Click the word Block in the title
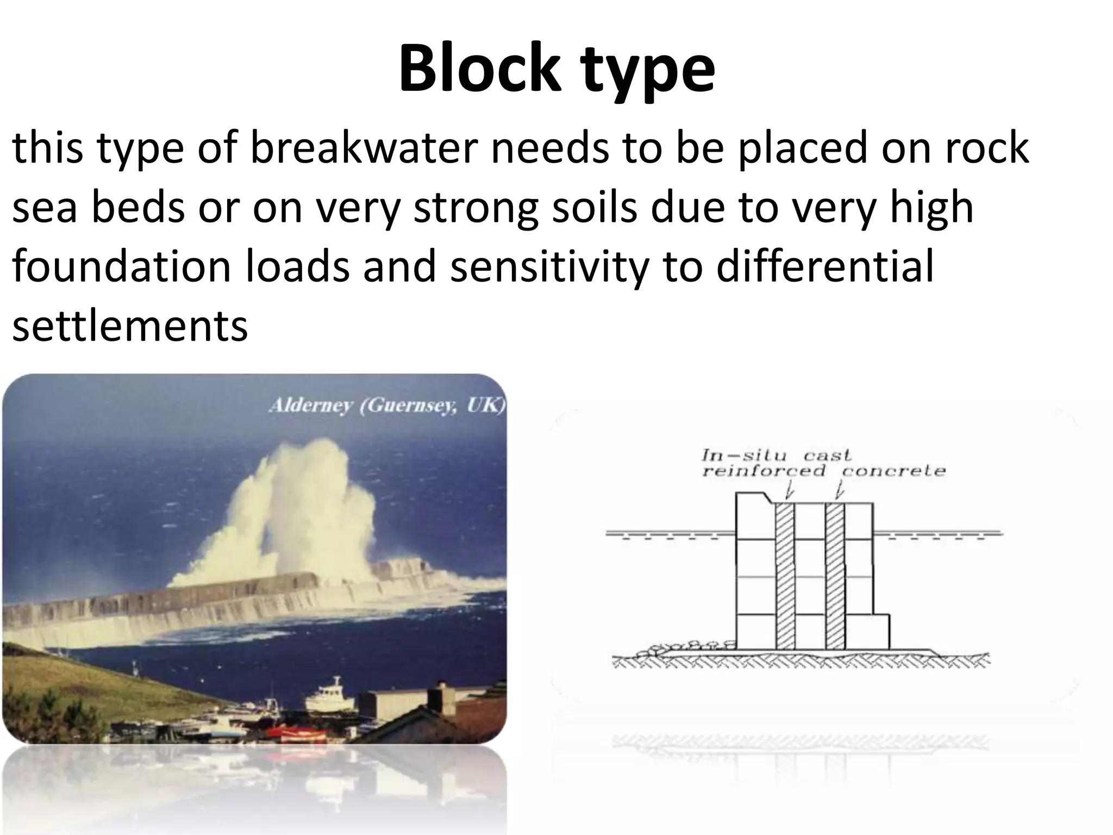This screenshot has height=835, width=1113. point(478,69)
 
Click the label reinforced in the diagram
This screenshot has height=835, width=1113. point(763,471)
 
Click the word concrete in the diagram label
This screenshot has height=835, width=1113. point(893,471)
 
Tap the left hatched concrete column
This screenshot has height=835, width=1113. point(784,576)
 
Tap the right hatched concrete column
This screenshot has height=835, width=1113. point(835,576)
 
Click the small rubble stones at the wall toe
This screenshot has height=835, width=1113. point(685,647)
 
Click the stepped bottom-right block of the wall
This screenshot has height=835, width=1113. point(867,632)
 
